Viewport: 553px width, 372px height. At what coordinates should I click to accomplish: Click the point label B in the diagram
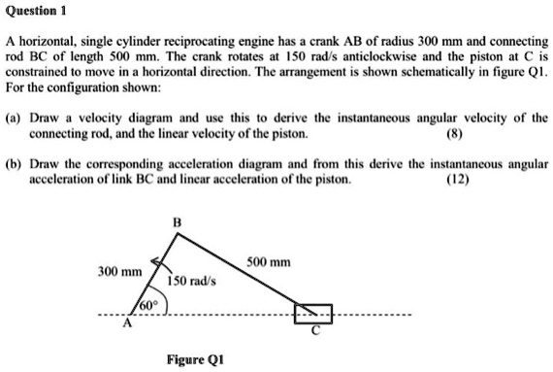pyautogui.click(x=175, y=224)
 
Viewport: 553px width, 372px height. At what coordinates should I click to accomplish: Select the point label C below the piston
pyautogui.click(x=313, y=331)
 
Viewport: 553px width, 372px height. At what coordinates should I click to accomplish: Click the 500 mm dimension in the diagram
pyautogui.click(x=269, y=263)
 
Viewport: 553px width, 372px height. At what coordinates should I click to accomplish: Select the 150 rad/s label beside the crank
pyautogui.click(x=191, y=281)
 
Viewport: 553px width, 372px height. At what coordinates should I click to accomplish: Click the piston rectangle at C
pyautogui.click(x=313, y=313)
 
